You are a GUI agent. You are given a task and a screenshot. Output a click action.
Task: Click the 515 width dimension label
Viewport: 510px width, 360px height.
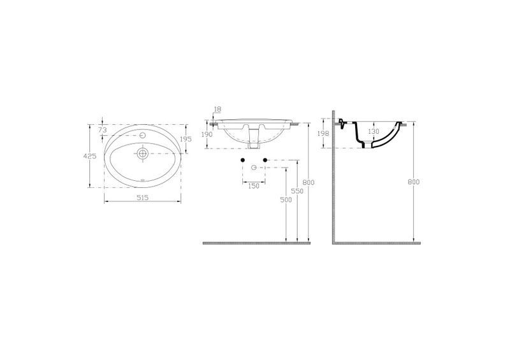[143, 198]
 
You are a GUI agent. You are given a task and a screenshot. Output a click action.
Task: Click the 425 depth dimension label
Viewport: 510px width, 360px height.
[90, 155]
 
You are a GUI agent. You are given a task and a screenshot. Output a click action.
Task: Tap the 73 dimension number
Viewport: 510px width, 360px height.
[103, 130]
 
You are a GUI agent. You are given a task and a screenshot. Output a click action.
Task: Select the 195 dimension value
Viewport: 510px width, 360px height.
[186, 139]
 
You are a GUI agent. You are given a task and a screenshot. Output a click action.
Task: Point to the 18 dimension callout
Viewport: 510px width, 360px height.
[217, 109]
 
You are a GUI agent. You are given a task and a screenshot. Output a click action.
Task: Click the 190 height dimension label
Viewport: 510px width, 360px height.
[207, 134]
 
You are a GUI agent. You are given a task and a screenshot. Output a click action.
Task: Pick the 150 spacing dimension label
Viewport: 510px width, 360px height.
[254, 186]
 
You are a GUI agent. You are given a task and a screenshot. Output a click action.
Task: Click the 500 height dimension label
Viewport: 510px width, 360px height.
[286, 200]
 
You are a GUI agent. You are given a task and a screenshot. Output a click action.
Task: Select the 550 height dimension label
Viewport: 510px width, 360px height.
[297, 191]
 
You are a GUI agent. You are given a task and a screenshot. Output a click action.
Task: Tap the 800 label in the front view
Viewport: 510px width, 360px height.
[309, 182]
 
